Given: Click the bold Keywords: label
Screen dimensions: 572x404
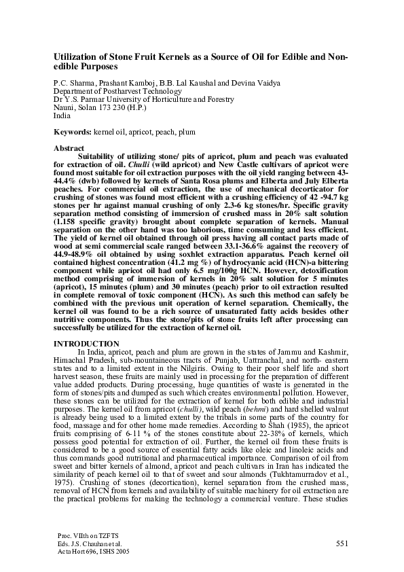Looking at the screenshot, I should pyautogui.click(x=73, y=129).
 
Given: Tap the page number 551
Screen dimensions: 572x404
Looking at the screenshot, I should pyautogui.click(x=343, y=544).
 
